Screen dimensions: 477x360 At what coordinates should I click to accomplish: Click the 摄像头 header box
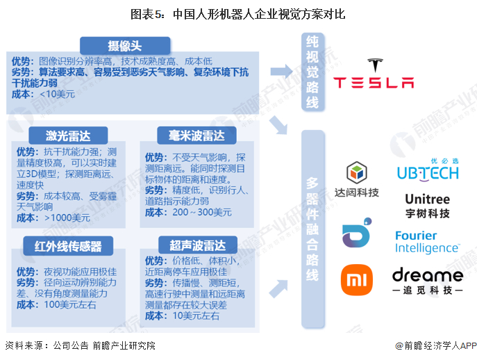pyautogui.click(x=125, y=46)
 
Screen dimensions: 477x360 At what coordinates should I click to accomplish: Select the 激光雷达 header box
pyautogui.click(x=68, y=136)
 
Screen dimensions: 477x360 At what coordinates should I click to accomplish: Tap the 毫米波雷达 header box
pyautogui.click(x=196, y=136)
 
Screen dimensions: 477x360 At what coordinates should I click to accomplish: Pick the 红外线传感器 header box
pyautogui.click(x=68, y=246)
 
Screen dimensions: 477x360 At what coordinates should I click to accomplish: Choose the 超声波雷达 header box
pyautogui.click(x=198, y=245)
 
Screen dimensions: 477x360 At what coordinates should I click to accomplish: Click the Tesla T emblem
pyautogui.click(x=375, y=65)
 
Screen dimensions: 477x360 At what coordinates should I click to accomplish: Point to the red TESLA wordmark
pyautogui.click(x=374, y=83)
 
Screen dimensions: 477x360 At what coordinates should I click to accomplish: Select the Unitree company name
pyautogui.click(x=428, y=199)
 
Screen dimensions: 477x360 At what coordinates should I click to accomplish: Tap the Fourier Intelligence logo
pyautogui.click(x=428, y=242)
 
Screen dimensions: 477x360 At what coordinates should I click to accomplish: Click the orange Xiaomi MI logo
pyautogui.click(x=357, y=280)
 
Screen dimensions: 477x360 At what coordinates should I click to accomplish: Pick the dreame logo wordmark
pyautogui.click(x=428, y=275)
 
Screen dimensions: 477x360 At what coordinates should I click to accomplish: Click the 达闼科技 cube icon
pyautogui.click(x=357, y=172)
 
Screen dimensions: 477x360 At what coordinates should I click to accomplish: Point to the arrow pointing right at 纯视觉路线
pyautogui.click(x=281, y=72)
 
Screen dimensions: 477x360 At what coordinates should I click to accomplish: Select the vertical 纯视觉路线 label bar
pyautogui.click(x=312, y=72)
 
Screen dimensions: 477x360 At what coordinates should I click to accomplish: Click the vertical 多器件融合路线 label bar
pyautogui.click(x=312, y=229)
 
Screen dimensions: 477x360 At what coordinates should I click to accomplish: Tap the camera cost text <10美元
pyautogui.click(x=57, y=94)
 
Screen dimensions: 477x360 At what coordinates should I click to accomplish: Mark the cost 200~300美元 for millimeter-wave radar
pyautogui.click(x=202, y=212)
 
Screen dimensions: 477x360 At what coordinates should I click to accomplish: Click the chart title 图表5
pyautogui.click(x=147, y=14)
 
